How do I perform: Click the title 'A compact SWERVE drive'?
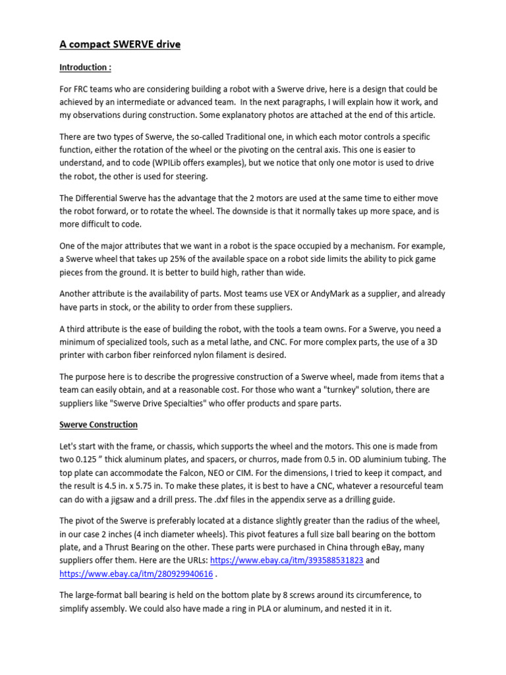[x=120, y=45]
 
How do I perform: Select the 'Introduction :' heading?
[x=85, y=67]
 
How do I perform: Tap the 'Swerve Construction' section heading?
[x=99, y=424]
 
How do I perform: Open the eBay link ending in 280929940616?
[x=136, y=573]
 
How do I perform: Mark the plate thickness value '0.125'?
[x=90, y=459]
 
